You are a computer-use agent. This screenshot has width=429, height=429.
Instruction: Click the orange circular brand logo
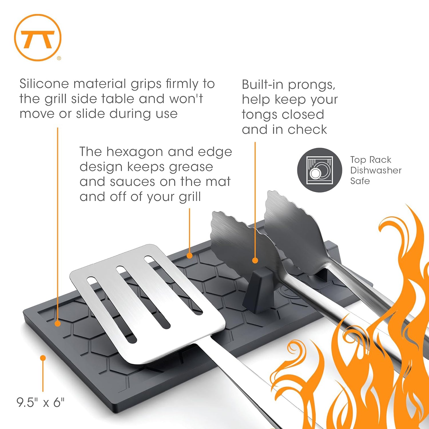(x=38, y=37)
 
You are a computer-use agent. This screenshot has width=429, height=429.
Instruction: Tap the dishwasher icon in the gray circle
(x=319, y=170)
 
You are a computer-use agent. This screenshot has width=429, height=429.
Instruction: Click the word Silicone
(x=44, y=84)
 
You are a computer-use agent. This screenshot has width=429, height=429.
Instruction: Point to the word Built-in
(x=263, y=85)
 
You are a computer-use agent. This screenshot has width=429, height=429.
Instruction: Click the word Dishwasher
(x=376, y=170)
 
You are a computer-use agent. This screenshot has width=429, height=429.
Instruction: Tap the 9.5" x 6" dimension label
(x=40, y=402)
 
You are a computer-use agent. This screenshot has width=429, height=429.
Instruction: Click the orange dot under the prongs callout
(x=255, y=260)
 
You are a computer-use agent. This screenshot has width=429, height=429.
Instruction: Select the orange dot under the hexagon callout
(x=189, y=256)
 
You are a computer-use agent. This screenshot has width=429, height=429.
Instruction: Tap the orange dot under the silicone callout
(x=57, y=323)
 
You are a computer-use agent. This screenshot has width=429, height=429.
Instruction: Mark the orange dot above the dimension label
(x=43, y=358)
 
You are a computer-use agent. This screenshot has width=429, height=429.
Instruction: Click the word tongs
(x=259, y=115)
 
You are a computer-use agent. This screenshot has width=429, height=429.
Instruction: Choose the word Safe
(x=360, y=181)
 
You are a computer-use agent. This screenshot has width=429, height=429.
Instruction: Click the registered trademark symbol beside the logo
(x=59, y=58)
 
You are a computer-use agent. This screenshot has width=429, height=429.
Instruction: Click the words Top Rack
(x=371, y=160)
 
